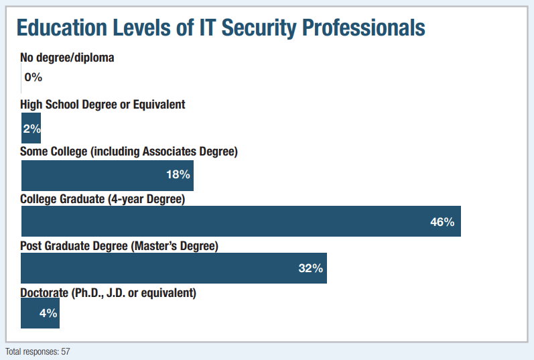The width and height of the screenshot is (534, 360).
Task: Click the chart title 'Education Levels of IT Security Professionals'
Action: tap(220, 27)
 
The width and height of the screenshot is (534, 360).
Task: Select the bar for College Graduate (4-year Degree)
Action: tap(241, 221)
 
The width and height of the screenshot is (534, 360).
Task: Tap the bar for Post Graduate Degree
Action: tap(174, 268)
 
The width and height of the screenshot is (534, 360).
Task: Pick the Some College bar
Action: tap(107, 175)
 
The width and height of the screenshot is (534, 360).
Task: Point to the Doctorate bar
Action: tap(40, 313)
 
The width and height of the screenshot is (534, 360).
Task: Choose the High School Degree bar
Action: tap(31, 128)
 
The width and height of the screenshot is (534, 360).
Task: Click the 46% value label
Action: tap(442, 222)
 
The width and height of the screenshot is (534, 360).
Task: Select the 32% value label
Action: tap(311, 269)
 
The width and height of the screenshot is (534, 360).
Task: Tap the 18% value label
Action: tap(179, 175)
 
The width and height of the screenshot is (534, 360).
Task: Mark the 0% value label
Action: tap(34, 77)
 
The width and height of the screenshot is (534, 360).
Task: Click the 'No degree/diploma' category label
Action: tap(67, 58)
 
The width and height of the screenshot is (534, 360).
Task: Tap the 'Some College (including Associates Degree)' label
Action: tap(129, 152)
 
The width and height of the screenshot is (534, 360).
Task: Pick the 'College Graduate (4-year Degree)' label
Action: tap(103, 199)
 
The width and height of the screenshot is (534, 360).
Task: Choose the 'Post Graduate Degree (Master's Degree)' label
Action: tap(119, 246)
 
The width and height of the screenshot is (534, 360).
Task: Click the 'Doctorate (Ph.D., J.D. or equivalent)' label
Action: tap(108, 293)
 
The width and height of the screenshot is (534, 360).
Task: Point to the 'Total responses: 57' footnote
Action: tap(38, 351)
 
